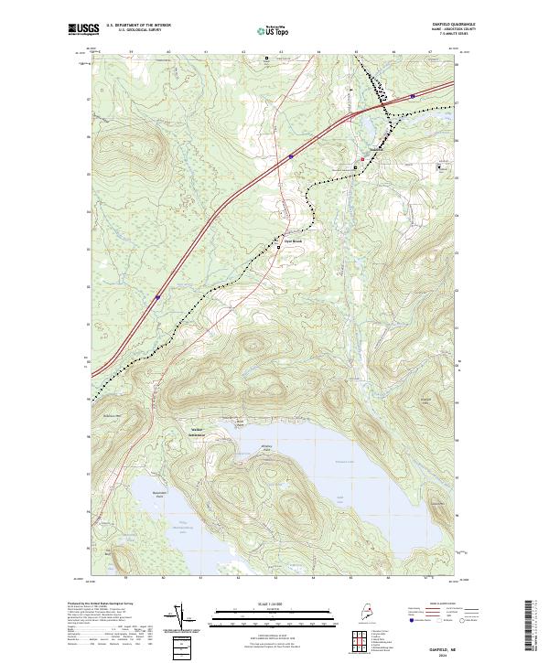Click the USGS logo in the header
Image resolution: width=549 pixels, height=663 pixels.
81,30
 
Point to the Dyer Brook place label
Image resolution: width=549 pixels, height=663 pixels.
291,241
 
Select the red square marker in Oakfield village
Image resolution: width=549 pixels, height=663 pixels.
362,159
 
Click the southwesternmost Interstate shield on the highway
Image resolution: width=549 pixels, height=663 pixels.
157,295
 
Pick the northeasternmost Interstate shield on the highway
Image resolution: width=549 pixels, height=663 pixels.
414,94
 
